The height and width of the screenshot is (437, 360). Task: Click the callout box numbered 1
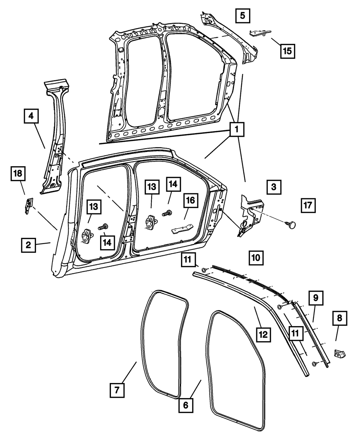click(x=237, y=130)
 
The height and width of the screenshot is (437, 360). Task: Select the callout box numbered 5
click(x=242, y=15)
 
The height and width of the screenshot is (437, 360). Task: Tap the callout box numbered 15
click(x=287, y=51)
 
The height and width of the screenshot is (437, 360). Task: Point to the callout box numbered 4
click(x=31, y=116)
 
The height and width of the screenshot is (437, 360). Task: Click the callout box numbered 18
click(x=18, y=174)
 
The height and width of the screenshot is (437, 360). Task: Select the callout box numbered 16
click(x=190, y=201)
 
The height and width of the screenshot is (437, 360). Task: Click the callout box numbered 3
click(x=274, y=187)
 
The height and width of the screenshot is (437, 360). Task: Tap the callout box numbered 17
click(x=307, y=206)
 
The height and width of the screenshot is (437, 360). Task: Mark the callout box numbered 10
click(x=255, y=257)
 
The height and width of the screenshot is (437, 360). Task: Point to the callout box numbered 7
click(x=117, y=389)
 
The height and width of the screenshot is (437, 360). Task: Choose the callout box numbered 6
click(x=186, y=405)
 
